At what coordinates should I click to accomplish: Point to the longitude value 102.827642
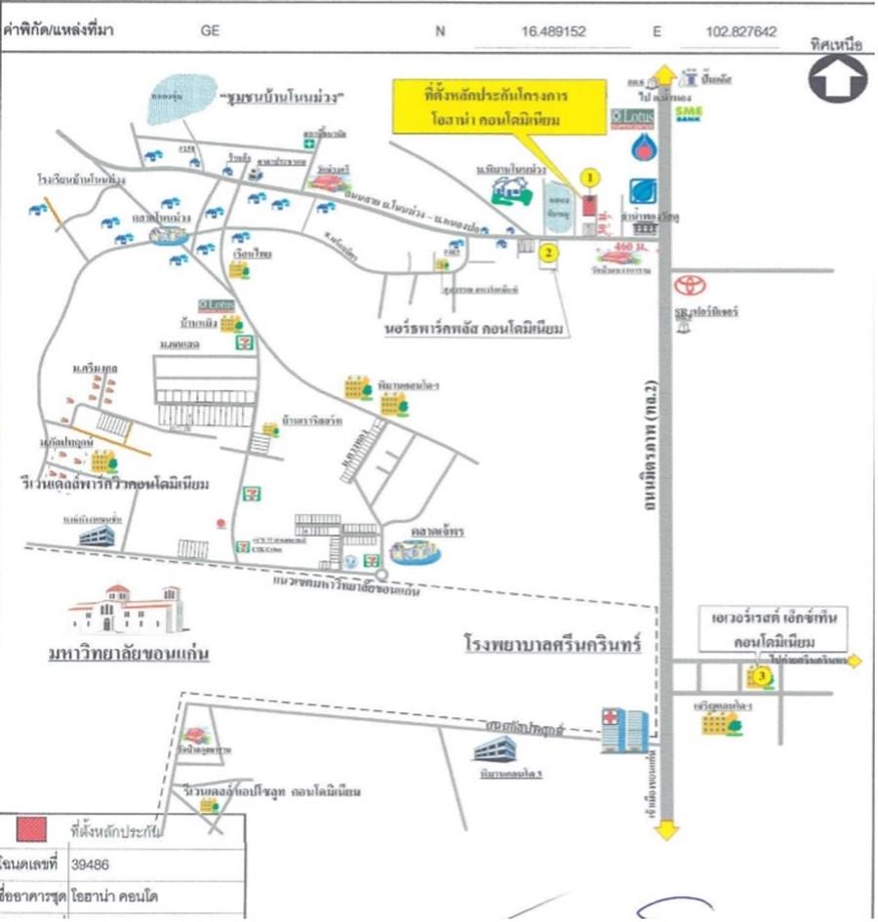pos(740,31)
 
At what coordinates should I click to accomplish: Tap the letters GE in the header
pos(210,31)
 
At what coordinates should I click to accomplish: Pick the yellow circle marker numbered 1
pos(588,178)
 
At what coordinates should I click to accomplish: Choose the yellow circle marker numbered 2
pos(549,252)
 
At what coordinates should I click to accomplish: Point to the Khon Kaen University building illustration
pos(124,608)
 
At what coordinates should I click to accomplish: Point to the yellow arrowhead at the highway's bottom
pos(666,830)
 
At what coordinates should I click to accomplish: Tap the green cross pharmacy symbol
pos(309,143)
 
